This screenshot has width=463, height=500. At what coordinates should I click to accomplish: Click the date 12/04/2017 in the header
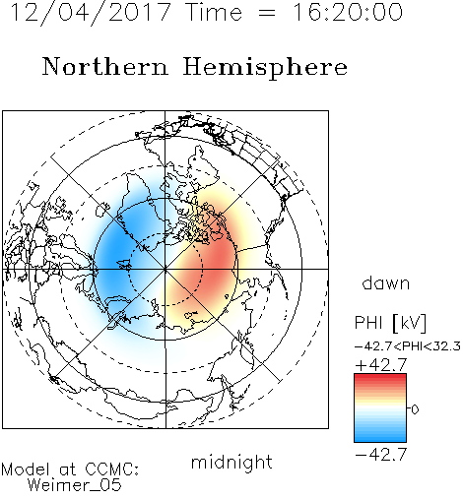pyautogui.click(x=91, y=13)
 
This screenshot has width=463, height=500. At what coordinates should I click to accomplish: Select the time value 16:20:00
pyautogui.click(x=347, y=13)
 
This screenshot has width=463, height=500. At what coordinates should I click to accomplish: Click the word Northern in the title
pyautogui.click(x=105, y=66)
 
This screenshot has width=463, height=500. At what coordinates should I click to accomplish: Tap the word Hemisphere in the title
pyautogui.click(x=265, y=68)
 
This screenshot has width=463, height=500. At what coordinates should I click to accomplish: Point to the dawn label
pyautogui.click(x=386, y=282)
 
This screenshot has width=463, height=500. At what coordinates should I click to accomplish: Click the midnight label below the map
pyautogui.click(x=231, y=462)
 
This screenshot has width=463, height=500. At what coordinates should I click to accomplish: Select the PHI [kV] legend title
pyautogui.click(x=390, y=323)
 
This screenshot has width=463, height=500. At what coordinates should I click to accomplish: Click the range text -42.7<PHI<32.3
pyautogui.click(x=407, y=346)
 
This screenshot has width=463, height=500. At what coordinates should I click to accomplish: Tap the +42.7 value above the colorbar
pyautogui.click(x=381, y=365)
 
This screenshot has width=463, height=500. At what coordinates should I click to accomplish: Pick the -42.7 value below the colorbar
pyautogui.click(x=381, y=455)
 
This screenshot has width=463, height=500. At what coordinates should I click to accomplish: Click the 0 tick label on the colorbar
pyautogui.click(x=415, y=409)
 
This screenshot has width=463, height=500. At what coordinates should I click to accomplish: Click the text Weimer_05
pyautogui.click(x=75, y=485)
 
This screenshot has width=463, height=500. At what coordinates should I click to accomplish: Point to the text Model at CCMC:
pyautogui.click(x=70, y=469)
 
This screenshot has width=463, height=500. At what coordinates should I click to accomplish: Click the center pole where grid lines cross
pyautogui.click(x=165, y=269)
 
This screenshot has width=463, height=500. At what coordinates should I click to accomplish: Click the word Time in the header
pyautogui.click(x=214, y=13)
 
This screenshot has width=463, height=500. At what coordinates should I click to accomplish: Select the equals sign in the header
pyautogui.click(x=267, y=14)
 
